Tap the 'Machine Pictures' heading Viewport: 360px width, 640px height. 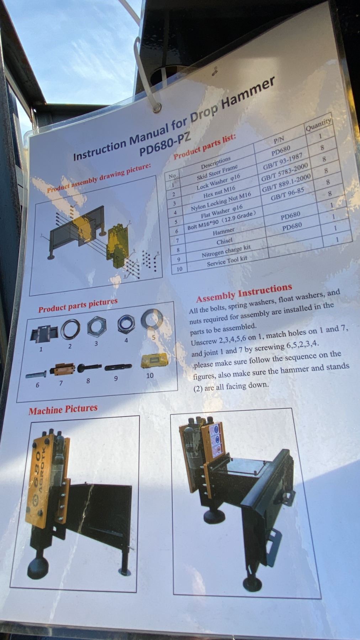[63, 409]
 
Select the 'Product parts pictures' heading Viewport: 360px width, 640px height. [78, 305]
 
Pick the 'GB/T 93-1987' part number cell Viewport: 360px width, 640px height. [283, 161]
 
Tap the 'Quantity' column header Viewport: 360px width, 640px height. [319, 124]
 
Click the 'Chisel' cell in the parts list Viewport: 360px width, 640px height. [224, 241]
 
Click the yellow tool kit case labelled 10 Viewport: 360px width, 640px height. [154, 361]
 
